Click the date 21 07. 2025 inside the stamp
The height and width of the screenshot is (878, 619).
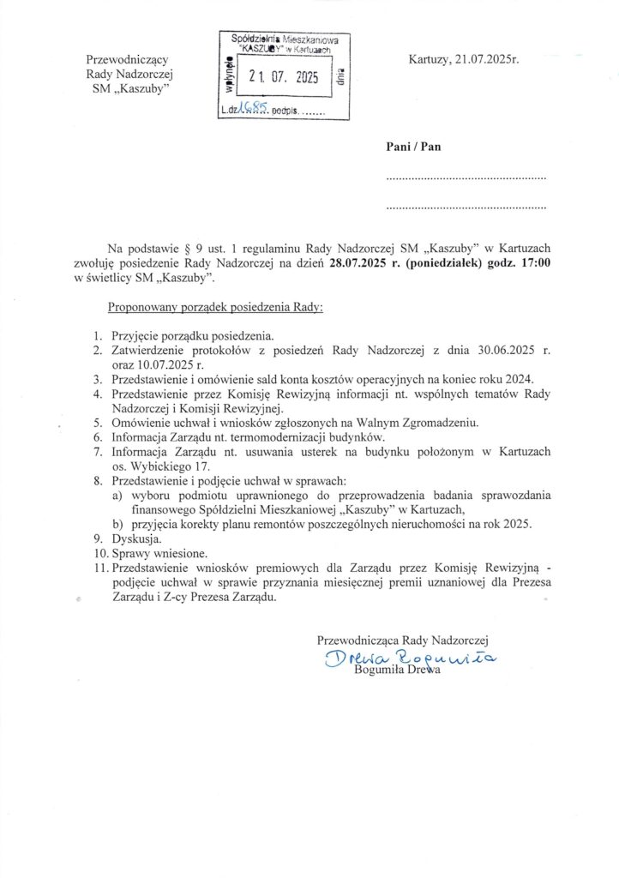pyautogui.click(x=283, y=78)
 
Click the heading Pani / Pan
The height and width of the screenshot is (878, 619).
pyautogui.click(x=412, y=147)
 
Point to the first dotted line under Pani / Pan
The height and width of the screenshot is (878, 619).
pyautogui.click(x=466, y=178)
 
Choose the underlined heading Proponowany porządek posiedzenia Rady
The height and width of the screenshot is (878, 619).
pyautogui.click(x=214, y=306)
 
